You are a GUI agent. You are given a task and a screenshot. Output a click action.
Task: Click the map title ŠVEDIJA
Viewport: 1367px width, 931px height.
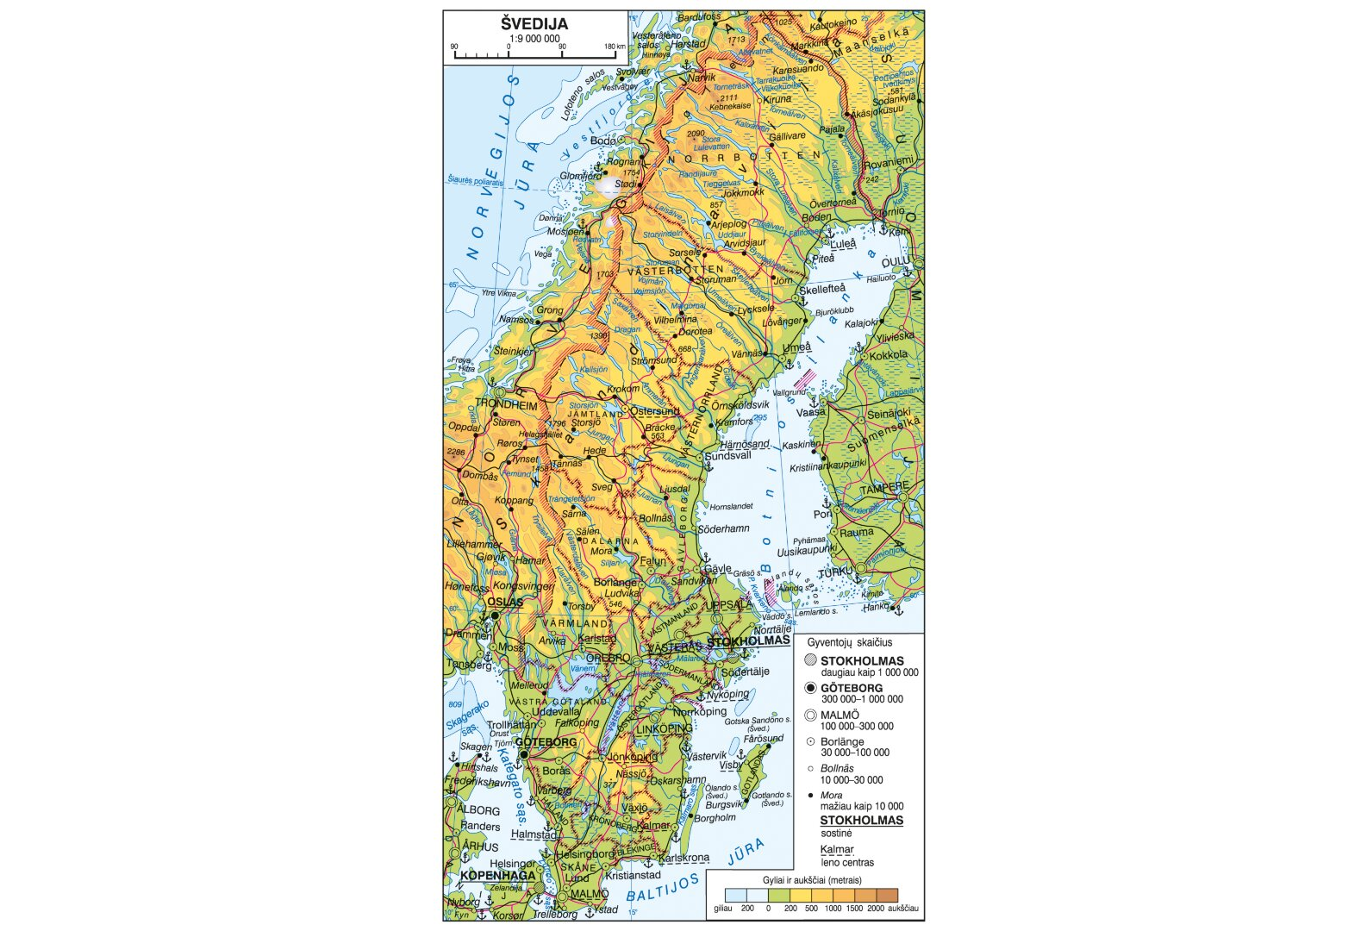(534, 24)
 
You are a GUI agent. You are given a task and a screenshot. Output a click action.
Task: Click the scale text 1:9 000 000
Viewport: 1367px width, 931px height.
(534, 39)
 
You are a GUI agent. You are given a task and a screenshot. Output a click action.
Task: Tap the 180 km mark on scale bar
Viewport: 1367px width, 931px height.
(614, 47)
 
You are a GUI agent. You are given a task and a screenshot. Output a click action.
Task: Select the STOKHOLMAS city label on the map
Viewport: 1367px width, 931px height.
(748, 640)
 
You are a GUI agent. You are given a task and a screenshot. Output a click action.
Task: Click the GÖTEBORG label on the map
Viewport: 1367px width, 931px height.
(546, 742)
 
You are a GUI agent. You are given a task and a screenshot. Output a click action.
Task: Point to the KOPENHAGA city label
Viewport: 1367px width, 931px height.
(497, 876)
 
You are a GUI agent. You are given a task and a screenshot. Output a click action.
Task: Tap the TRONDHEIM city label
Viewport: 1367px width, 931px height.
(507, 404)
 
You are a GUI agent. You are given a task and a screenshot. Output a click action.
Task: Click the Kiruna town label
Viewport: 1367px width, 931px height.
(777, 99)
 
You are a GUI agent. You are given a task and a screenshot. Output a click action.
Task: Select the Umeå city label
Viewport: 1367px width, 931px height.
(796, 347)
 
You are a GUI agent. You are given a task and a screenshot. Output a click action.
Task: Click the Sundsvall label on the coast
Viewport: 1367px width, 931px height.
(728, 456)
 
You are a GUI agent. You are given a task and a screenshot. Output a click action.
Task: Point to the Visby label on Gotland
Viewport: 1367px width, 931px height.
(731, 765)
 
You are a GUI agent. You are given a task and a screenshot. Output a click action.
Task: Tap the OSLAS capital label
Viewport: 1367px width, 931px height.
(505, 603)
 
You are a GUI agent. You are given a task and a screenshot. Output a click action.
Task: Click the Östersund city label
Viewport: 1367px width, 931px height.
(655, 411)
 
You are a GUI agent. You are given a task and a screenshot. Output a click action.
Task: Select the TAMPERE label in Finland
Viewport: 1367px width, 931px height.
(884, 488)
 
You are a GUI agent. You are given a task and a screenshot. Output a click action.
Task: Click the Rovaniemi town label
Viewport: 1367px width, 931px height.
(889, 162)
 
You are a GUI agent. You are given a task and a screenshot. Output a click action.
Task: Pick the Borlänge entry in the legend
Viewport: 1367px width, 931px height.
(842, 741)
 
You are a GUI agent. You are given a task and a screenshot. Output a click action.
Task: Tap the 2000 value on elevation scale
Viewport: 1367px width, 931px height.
(875, 909)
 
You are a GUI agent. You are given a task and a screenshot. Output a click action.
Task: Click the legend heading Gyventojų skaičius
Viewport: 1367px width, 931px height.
(850, 643)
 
